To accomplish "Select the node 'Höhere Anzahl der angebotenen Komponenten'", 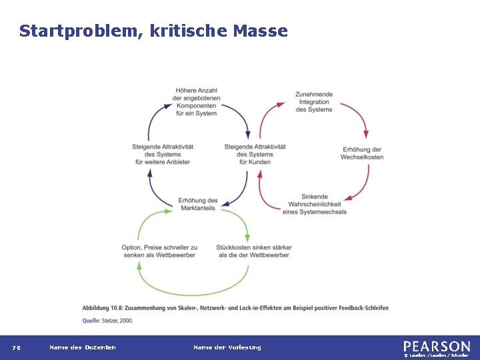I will [196, 102].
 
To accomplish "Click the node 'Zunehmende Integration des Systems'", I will [313, 102].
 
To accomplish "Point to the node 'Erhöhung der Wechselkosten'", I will [362, 153].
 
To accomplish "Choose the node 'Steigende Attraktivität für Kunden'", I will [255, 154].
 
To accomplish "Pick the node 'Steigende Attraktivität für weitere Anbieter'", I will [163, 154].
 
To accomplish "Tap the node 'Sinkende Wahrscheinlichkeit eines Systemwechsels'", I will [315, 204].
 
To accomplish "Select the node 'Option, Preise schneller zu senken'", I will [159, 251].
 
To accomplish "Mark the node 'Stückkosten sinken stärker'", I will [253, 251].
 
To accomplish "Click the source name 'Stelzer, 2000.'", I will [117, 321].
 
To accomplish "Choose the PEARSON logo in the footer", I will [436, 346].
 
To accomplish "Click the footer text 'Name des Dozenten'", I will [82, 347].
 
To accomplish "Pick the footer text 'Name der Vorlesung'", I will [227, 347].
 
